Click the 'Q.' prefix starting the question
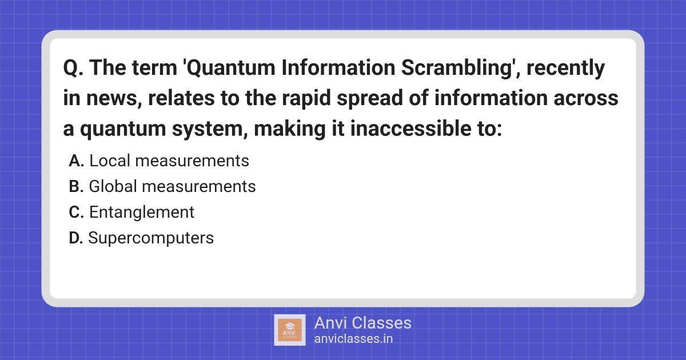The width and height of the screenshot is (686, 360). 73,69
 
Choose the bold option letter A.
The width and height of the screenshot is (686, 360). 77,161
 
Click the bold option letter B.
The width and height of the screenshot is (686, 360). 77,187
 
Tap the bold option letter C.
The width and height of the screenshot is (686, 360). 77,213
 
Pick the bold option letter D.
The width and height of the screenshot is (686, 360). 77,238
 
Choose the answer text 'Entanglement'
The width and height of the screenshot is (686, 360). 142,213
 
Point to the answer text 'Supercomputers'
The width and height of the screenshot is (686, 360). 151,238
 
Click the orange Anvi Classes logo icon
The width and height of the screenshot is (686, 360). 290,330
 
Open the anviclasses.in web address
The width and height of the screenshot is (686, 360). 353,339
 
